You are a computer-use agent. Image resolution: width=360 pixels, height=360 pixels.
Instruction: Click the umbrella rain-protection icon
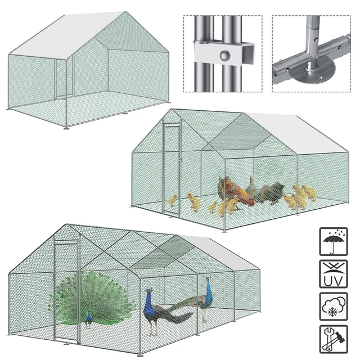tap(334, 241)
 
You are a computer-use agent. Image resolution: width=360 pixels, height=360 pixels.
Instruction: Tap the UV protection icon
tap(334, 274)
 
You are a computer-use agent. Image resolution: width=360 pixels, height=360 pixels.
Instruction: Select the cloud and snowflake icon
tap(334, 306)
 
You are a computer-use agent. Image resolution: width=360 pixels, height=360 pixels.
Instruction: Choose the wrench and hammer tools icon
tap(334, 339)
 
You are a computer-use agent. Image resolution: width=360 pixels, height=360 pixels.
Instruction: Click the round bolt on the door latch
tap(225, 56)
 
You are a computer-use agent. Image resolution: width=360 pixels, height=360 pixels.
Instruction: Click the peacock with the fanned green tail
tap(91, 299)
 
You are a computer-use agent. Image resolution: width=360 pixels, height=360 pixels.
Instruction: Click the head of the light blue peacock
tap(208, 279)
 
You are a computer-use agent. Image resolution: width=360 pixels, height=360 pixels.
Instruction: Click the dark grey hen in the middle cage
tap(273, 193)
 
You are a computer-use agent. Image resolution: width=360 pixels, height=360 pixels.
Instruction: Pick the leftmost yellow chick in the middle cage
tap(172, 201)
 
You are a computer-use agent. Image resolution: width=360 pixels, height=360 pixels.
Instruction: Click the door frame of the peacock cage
tap(66, 291)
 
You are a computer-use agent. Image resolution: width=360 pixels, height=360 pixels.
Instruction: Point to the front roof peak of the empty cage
tap(125, 11)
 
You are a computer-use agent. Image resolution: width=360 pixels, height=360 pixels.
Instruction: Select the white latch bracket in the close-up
tap(224, 53)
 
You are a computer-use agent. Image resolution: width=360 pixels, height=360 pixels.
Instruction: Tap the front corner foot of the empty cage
tap(66, 128)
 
